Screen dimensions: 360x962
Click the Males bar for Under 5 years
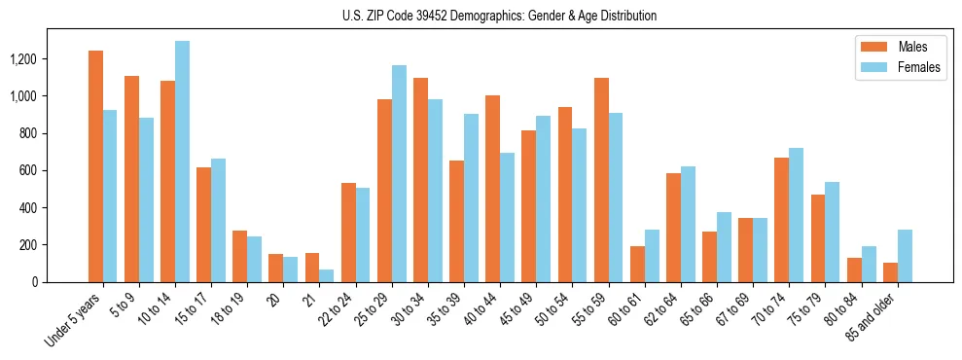(95, 166)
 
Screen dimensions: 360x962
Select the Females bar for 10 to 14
(182, 162)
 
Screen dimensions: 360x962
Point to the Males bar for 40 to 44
(493, 189)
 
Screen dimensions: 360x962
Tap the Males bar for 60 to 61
(637, 264)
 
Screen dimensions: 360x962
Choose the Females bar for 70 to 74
(797, 215)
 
